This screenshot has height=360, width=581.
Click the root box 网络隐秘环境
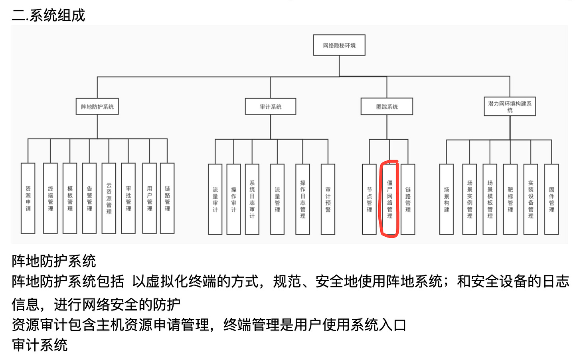point(339,45)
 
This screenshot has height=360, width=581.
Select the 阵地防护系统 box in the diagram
point(97,107)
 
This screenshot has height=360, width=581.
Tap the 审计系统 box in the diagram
point(271,107)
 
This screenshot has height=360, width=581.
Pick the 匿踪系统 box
point(387,107)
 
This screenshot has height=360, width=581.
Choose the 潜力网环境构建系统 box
point(510,107)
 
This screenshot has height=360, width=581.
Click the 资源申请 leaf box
point(28,198)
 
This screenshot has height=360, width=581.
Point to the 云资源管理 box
point(109,198)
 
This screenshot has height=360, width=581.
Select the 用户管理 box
point(149,198)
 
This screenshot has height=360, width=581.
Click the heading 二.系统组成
point(49,15)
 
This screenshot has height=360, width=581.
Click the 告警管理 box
point(89,198)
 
